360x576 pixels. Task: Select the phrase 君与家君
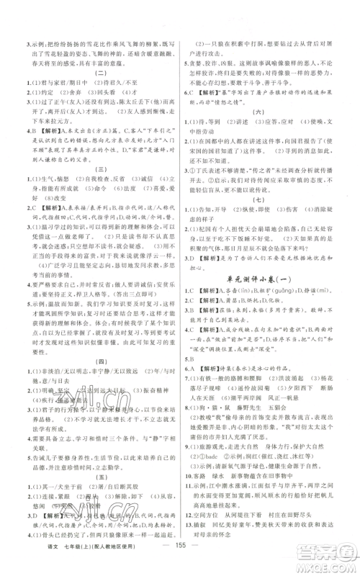pyautogui.click(x=47, y=81)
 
